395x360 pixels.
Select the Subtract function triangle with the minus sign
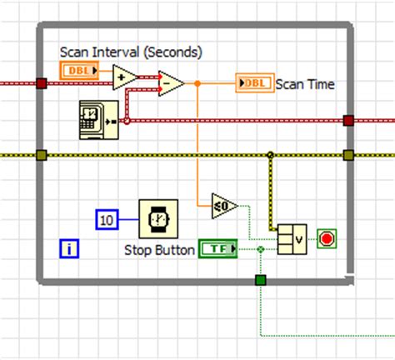(x=170, y=82)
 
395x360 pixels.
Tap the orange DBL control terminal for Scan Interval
(x=80, y=72)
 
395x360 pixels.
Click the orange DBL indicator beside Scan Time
(x=253, y=82)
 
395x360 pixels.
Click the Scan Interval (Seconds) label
(x=131, y=52)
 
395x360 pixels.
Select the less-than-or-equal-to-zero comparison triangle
(x=223, y=205)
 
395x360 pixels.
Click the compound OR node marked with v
(x=292, y=239)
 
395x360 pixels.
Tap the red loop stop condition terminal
(x=326, y=240)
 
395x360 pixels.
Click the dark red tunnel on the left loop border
(x=42, y=82)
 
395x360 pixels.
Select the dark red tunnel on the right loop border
(x=348, y=121)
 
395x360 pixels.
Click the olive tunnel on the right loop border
(x=348, y=154)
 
